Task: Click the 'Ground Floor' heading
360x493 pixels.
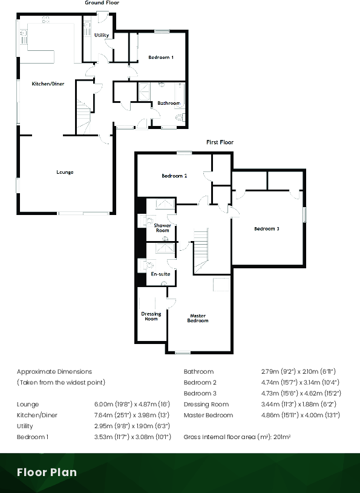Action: [102, 3]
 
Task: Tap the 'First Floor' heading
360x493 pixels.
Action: [220, 142]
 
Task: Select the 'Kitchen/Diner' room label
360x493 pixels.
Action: [48, 84]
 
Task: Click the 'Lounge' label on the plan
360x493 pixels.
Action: [65, 172]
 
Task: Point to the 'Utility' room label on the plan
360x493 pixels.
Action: [102, 35]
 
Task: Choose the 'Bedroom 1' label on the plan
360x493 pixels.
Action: [161, 57]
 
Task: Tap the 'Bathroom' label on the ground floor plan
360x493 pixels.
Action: [169, 103]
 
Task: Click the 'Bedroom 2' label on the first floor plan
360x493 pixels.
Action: [174, 176]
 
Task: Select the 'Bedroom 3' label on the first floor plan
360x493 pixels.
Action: [266, 228]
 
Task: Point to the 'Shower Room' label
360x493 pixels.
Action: [162, 228]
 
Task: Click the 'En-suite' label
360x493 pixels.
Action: [160, 274]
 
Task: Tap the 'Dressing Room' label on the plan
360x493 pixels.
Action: [151, 316]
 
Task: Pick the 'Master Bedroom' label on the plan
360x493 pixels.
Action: [198, 318]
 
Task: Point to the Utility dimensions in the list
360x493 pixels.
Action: [128, 426]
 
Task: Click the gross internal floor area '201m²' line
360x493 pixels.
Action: [237, 437]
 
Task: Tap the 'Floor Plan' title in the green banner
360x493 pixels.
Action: [47, 472]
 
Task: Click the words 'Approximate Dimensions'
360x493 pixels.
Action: [54, 371]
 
